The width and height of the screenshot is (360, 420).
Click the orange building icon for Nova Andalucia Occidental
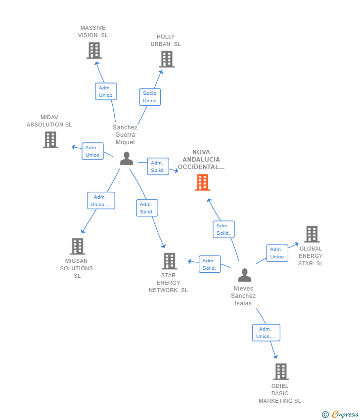click(202, 182)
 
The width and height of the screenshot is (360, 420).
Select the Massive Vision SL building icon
click(94, 50)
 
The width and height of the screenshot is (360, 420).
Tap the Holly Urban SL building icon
click(167, 59)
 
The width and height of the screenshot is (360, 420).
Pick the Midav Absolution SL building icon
click(50, 140)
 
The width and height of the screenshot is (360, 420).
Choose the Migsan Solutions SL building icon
click(77, 246)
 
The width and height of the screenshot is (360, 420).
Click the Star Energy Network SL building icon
click(169, 261)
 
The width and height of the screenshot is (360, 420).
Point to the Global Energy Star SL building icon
click(312, 234)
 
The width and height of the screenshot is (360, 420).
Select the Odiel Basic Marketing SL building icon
click(280, 371)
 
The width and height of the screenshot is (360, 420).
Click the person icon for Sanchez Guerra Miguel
click(127, 159)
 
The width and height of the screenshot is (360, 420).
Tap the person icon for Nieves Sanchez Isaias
click(244, 275)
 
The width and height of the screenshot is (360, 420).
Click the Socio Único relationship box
click(150, 97)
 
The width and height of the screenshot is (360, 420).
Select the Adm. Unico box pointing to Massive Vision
click(106, 91)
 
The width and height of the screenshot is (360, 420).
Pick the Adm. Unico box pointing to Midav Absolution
click(92, 151)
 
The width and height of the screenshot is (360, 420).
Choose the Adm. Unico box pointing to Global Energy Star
click(277, 253)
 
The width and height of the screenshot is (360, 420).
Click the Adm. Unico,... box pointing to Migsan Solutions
click(101, 201)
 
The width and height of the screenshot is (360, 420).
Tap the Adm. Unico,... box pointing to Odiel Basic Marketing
click(266, 333)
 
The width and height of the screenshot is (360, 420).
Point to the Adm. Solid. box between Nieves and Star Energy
click(210, 264)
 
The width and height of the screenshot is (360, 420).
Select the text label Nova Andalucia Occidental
click(201, 160)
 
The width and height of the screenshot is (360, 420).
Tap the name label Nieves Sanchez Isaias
click(243, 296)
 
